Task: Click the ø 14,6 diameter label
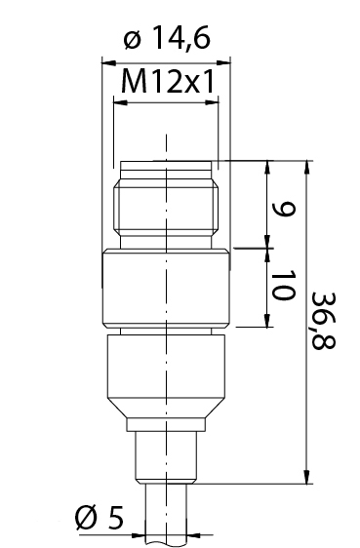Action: (x=167, y=38)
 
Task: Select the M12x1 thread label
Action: (x=167, y=82)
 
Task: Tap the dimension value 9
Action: (x=284, y=209)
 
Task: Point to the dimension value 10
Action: (x=283, y=285)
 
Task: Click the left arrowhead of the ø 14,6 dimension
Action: (x=108, y=63)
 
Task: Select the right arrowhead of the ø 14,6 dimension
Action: (x=223, y=63)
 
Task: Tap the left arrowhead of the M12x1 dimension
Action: (x=121, y=102)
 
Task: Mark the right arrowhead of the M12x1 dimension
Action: (x=212, y=102)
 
